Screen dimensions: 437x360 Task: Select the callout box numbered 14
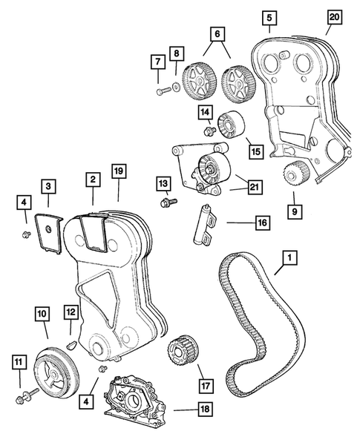click(x=205, y=112)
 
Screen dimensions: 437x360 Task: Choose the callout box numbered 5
click(x=269, y=16)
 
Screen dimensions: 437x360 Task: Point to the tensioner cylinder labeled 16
click(x=203, y=222)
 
